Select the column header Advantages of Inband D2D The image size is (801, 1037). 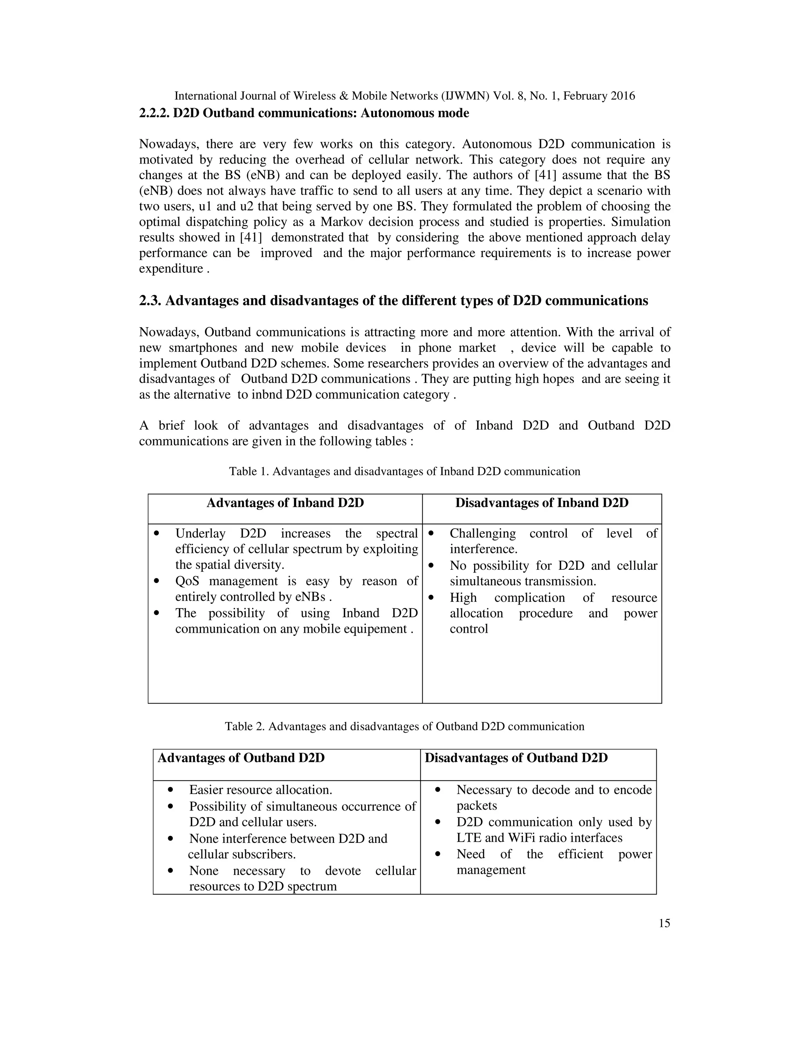285,503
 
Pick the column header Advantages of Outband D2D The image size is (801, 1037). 241,758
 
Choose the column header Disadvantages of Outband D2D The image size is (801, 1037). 516,758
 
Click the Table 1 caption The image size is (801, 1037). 404,472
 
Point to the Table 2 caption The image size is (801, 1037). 404,726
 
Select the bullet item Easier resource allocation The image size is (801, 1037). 260,790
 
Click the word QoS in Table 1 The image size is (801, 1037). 187,581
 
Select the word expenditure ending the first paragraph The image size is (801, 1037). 171,269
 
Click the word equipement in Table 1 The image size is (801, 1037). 378,629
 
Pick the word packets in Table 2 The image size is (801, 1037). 476,806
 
